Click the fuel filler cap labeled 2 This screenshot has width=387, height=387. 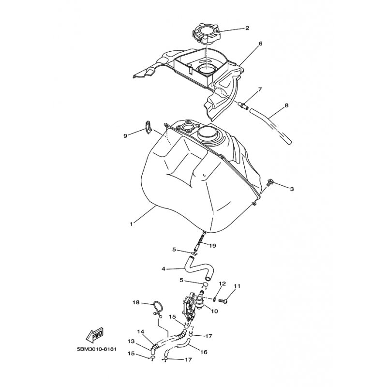coord(205,34)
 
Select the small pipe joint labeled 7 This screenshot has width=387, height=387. coord(244,105)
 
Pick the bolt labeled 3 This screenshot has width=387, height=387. coord(270,183)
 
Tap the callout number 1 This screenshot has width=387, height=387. coord(132,224)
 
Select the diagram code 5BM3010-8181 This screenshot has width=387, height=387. coord(96,349)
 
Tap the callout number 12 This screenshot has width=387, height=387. coord(223,284)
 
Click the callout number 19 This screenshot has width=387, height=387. coord(212,246)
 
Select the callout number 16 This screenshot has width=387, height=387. coord(204,352)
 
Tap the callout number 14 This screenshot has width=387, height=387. coord(140,332)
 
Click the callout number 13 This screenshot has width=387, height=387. coord(131,342)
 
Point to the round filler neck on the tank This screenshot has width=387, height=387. coord(207,134)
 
